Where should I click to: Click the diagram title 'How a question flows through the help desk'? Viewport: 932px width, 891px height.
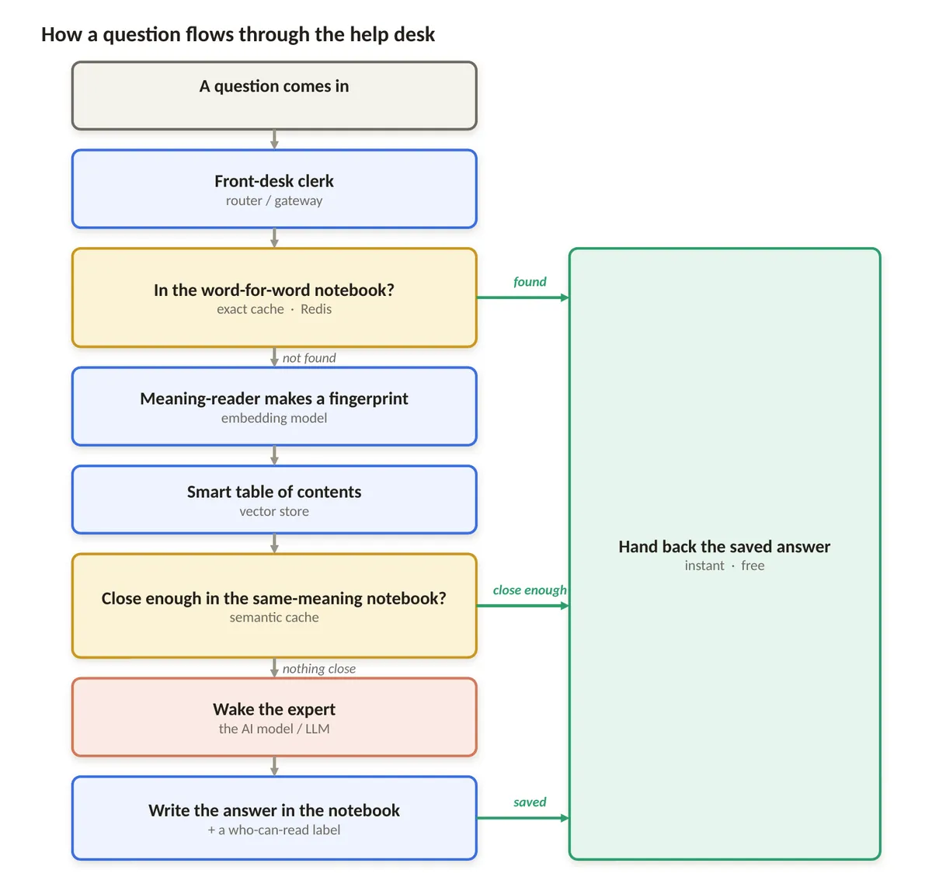click(238, 34)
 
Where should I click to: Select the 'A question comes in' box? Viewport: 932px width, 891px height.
click(274, 96)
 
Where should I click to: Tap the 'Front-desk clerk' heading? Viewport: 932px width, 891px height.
click(274, 180)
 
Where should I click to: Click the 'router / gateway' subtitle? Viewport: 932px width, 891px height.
click(274, 200)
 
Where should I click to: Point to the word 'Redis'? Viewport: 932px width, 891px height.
click(315, 309)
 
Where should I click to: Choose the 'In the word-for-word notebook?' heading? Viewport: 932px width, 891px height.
click(274, 290)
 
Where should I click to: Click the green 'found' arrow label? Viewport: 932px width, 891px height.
click(529, 282)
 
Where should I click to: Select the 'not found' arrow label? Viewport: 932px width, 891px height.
click(309, 358)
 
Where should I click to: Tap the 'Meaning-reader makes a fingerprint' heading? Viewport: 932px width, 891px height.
click(274, 399)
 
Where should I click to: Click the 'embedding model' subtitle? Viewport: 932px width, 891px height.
click(274, 418)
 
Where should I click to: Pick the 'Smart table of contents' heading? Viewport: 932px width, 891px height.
click(274, 492)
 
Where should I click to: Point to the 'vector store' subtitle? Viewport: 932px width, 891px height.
click(274, 511)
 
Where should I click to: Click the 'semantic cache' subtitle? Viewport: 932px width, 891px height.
click(274, 617)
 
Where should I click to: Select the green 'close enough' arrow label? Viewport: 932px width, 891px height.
click(529, 590)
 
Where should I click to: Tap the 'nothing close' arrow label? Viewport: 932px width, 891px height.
click(319, 668)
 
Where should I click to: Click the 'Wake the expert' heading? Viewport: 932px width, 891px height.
click(274, 709)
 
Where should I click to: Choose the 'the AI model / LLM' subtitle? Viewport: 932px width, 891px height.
click(274, 729)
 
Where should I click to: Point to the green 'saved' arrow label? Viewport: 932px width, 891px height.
click(529, 802)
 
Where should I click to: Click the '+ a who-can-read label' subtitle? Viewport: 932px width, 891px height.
click(274, 830)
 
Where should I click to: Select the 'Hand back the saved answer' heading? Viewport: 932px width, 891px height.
click(724, 547)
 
